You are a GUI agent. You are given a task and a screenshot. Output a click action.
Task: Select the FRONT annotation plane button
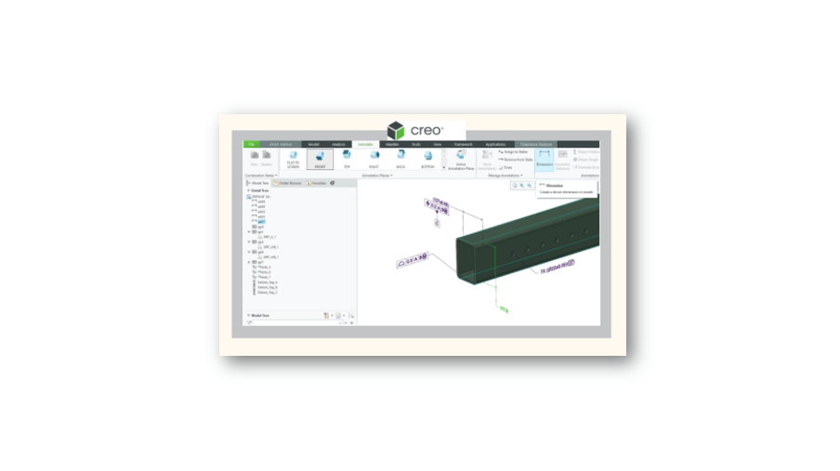[x=320, y=160]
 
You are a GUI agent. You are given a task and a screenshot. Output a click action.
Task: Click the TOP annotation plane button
[x=347, y=160]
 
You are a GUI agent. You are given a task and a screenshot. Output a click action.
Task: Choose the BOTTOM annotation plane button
[x=427, y=160]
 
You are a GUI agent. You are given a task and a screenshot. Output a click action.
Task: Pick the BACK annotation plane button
[x=400, y=160]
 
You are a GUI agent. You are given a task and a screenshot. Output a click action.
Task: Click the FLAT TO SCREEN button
[x=293, y=160]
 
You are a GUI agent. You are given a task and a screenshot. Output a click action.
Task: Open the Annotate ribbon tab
[x=365, y=145]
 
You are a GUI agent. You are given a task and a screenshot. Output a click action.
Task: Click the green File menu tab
[x=251, y=145]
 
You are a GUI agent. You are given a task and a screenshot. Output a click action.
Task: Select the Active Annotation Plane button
[x=460, y=160]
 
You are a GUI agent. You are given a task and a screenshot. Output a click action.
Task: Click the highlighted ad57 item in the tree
[x=262, y=222]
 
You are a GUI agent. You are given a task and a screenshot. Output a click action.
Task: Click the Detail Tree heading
[x=261, y=191]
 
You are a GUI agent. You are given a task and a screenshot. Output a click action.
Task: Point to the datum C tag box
[x=438, y=224]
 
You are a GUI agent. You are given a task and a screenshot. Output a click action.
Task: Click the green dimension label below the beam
[x=504, y=308]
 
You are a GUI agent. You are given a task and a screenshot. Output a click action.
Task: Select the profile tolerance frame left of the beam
[x=413, y=262]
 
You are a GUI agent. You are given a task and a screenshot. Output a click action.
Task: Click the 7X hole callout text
[x=558, y=270]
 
